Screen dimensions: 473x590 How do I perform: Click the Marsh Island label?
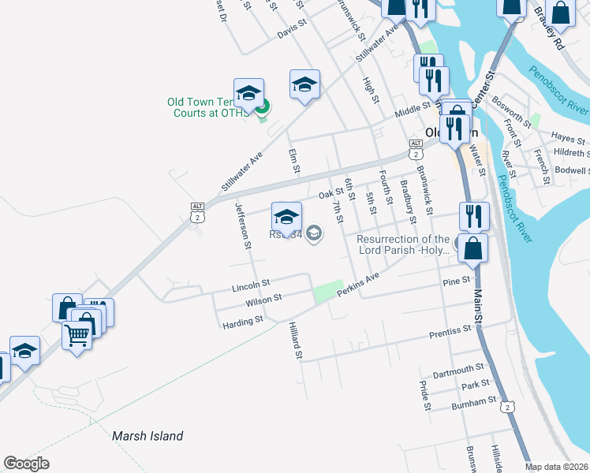pos(147,436)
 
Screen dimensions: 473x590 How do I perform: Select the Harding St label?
pos(242,322)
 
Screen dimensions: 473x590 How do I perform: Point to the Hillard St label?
pos(295,341)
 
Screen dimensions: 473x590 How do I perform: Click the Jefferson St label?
pos(242,225)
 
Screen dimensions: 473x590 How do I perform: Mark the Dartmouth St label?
pos(458,368)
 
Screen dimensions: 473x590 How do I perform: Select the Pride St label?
pos(424,396)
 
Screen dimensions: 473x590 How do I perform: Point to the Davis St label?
pos(291,30)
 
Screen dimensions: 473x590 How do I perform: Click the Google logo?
pos(26,464)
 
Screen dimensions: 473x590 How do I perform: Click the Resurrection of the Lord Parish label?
pos(403,244)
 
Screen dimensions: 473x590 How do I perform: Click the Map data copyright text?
pos(556,467)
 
